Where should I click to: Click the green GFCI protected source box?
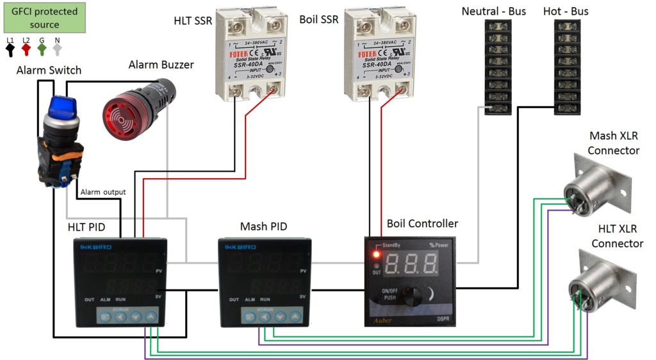click(44, 18)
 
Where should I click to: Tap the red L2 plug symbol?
click(26, 48)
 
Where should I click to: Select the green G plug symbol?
click(42, 48)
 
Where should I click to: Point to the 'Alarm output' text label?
click(102, 192)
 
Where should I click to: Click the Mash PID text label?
click(263, 226)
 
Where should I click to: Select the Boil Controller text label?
click(422, 224)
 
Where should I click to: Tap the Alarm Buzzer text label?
click(161, 65)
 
